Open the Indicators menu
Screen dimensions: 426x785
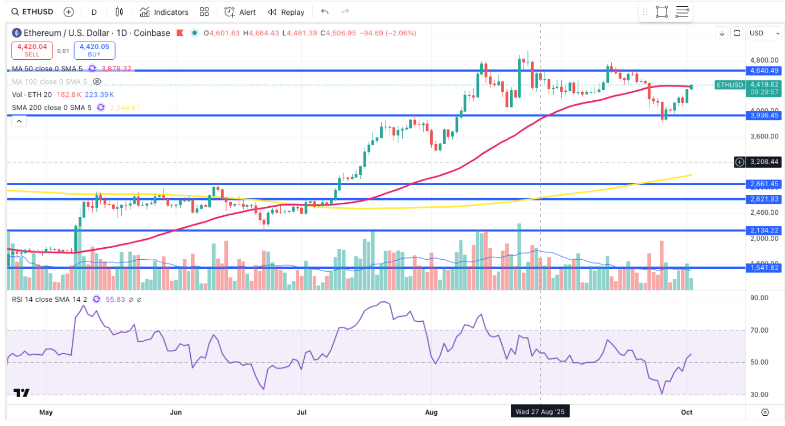click(164, 12)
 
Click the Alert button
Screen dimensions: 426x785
click(240, 12)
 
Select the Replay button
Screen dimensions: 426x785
click(286, 12)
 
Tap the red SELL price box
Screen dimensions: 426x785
click(32, 50)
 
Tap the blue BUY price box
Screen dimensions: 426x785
click(94, 50)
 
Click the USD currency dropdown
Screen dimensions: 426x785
click(764, 33)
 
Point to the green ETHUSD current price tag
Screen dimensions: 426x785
click(730, 85)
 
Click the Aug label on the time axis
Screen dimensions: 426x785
click(431, 411)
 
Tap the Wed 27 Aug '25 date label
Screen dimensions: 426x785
click(539, 411)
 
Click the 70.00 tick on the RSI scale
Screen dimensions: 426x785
click(759, 330)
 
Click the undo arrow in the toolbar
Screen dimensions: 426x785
click(325, 12)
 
